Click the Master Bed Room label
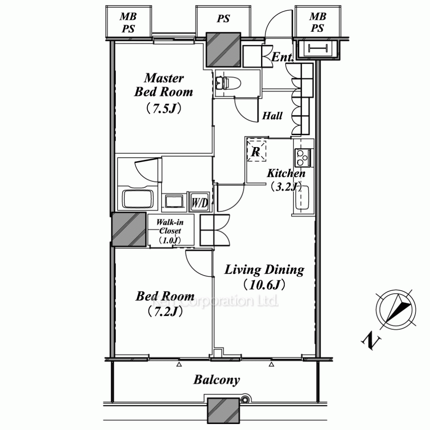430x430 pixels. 163,85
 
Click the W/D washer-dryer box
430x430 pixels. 200,203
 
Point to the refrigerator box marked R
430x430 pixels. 256,151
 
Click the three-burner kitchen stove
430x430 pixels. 303,157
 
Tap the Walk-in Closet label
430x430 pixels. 170,227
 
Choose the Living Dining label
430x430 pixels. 264,270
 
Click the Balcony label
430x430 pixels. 217,380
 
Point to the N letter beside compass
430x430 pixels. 371,341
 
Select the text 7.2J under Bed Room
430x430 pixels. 165,311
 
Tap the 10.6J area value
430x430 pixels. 264,285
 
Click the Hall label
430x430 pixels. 272,116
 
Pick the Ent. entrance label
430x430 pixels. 283,57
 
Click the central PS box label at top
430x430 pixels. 223,18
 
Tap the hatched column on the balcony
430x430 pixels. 223,411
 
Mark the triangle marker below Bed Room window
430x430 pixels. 179,365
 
